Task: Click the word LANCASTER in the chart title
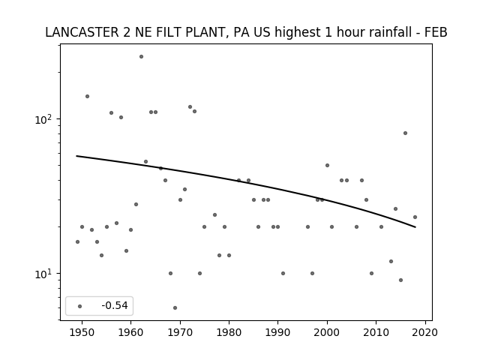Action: pyautogui.click(x=82, y=32)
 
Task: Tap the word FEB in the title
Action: pyautogui.click(x=436, y=32)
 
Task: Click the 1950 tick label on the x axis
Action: pyautogui.click(x=82, y=332)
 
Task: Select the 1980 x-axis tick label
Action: pyautogui.click(x=229, y=332)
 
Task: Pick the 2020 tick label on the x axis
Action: pyautogui.click(x=425, y=332)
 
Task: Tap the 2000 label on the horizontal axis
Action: pyautogui.click(x=327, y=332)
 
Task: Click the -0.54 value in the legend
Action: pyautogui.click(x=115, y=305)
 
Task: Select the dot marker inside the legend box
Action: pyautogui.click(x=80, y=306)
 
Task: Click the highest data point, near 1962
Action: pyautogui.click(x=141, y=57)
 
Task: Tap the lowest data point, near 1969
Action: pyautogui.click(x=175, y=307)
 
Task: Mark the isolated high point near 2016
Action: pyautogui.click(x=405, y=133)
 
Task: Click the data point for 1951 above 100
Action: pyautogui.click(x=87, y=97)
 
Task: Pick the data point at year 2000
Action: pyautogui.click(x=327, y=165)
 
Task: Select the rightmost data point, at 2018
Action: pyautogui.click(x=415, y=217)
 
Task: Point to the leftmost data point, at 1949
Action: pyautogui.click(x=77, y=241)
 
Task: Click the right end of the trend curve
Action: pyautogui.click(x=415, y=227)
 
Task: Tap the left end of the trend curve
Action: pyautogui.click(x=76, y=156)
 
